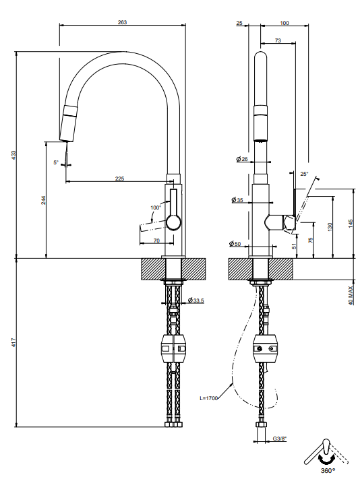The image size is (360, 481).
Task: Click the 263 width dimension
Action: pos(122,22)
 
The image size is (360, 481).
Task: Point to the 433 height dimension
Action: pos(13,155)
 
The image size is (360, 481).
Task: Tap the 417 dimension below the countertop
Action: pos(13,343)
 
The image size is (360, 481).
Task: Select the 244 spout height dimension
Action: pos(44,200)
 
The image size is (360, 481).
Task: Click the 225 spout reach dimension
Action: pos(120,179)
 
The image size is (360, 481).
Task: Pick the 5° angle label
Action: pos(55,162)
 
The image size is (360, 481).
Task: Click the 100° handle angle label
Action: pos(156,207)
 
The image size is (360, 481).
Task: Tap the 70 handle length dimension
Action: pos(156,241)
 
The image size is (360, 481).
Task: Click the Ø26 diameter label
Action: pos(242,159)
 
